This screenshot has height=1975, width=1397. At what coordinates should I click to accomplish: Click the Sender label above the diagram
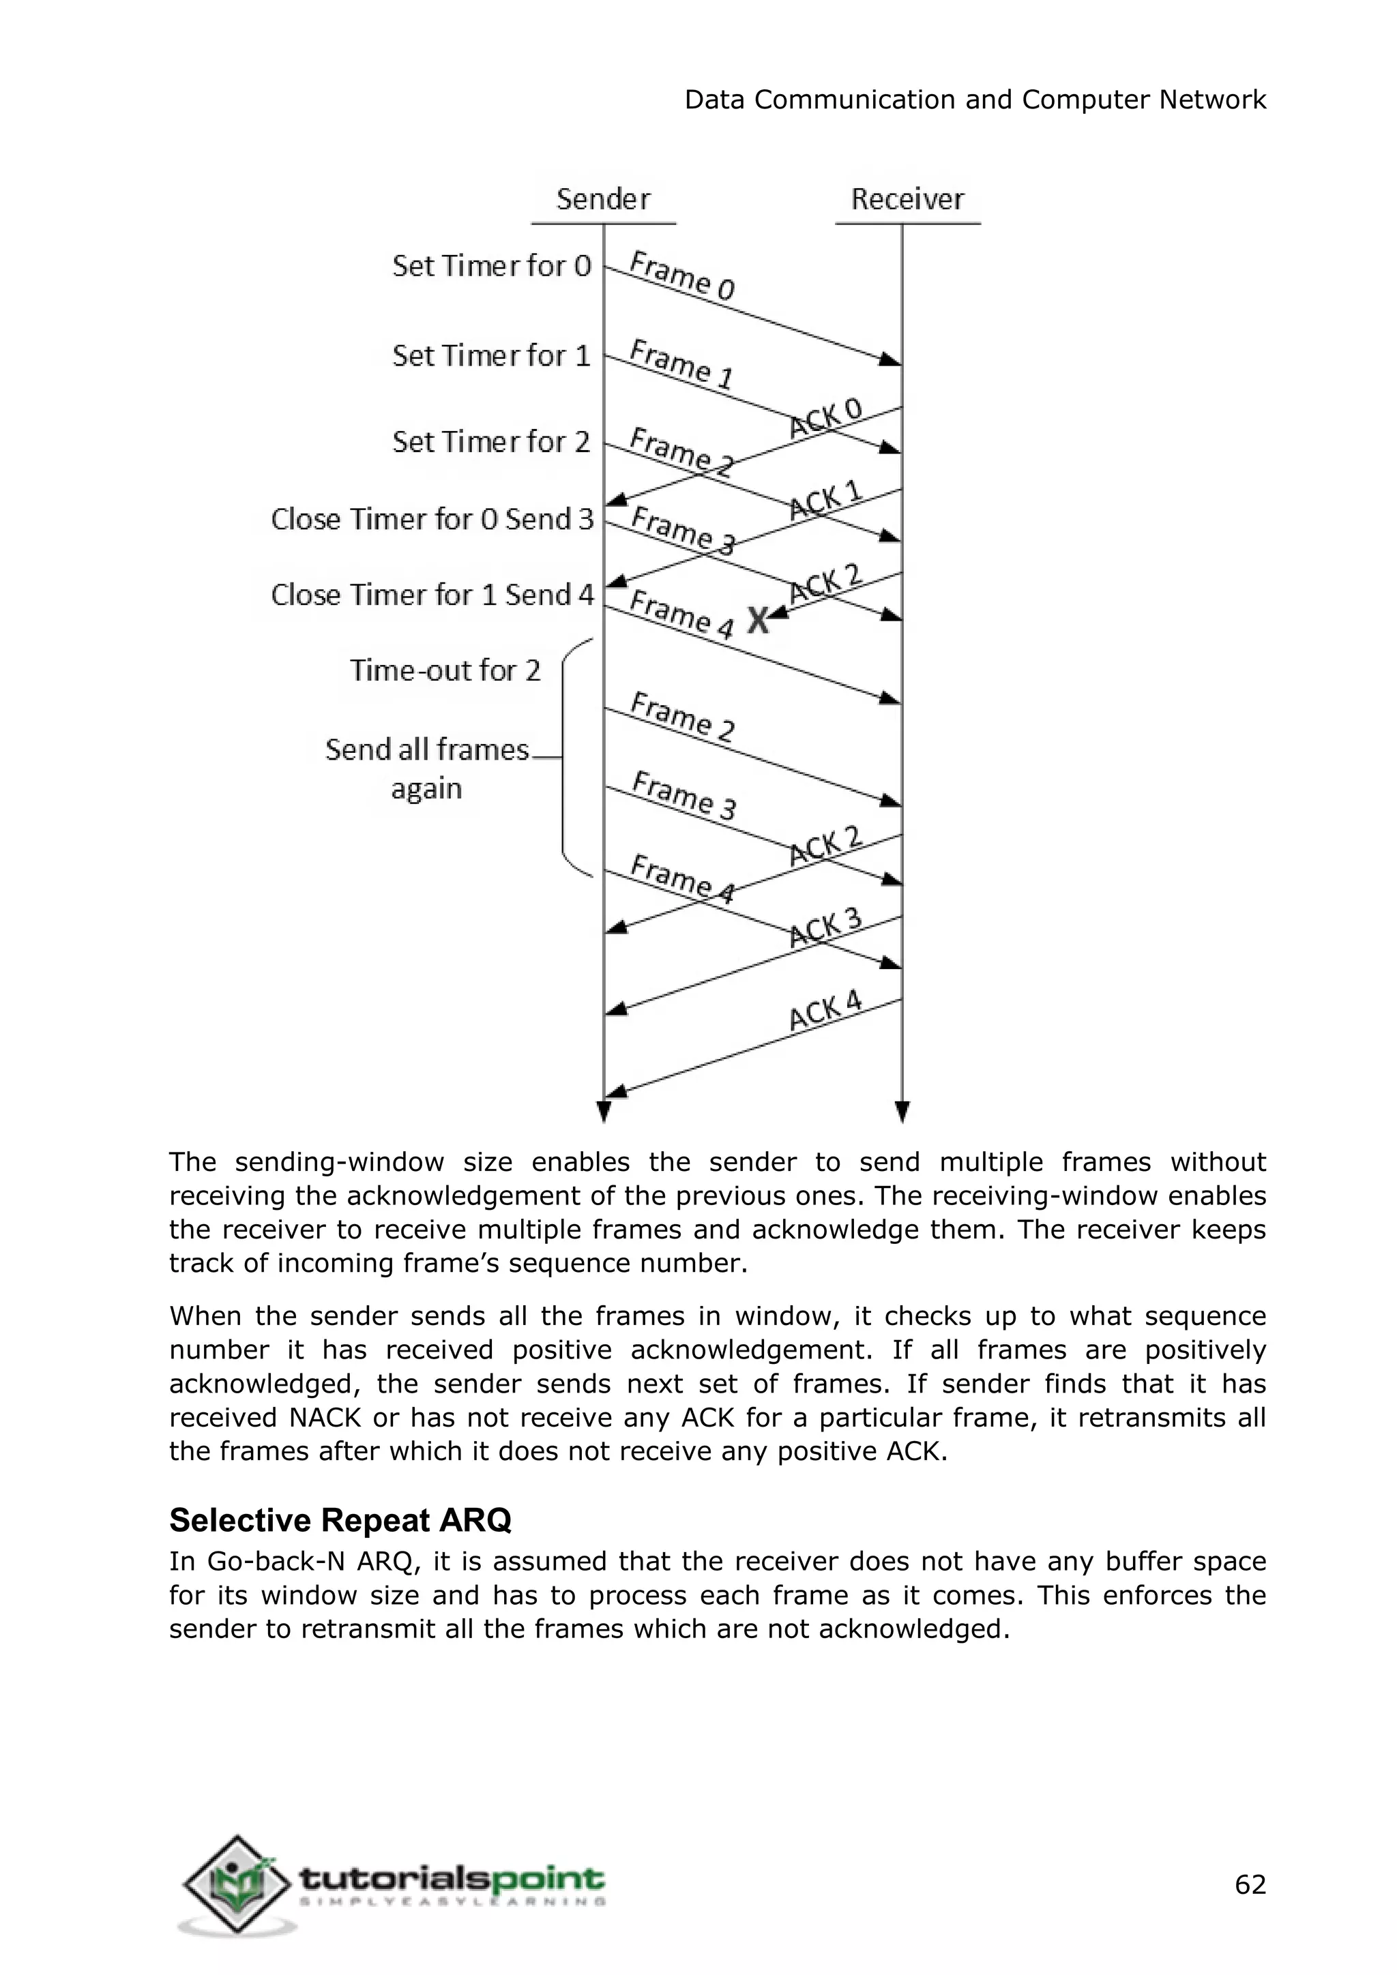click(603, 198)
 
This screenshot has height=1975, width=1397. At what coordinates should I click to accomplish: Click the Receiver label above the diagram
click(907, 198)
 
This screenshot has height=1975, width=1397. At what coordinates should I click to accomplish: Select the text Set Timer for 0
click(491, 266)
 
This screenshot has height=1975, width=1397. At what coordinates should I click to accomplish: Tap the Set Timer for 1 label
click(491, 355)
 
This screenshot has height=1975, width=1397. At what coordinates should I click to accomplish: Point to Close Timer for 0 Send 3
click(432, 519)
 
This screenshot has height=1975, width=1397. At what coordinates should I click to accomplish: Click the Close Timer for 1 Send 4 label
click(432, 595)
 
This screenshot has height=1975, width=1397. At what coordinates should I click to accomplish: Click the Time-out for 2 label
click(445, 670)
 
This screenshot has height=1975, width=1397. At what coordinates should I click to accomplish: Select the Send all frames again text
click(426, 768)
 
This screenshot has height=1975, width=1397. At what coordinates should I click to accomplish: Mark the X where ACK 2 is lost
click(757, 619)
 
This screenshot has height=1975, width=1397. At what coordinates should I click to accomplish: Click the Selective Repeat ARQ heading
click(340, 1520)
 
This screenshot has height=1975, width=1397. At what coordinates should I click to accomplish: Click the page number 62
click(1250, 1885)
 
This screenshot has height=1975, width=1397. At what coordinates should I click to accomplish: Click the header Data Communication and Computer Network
click(975, 100)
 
